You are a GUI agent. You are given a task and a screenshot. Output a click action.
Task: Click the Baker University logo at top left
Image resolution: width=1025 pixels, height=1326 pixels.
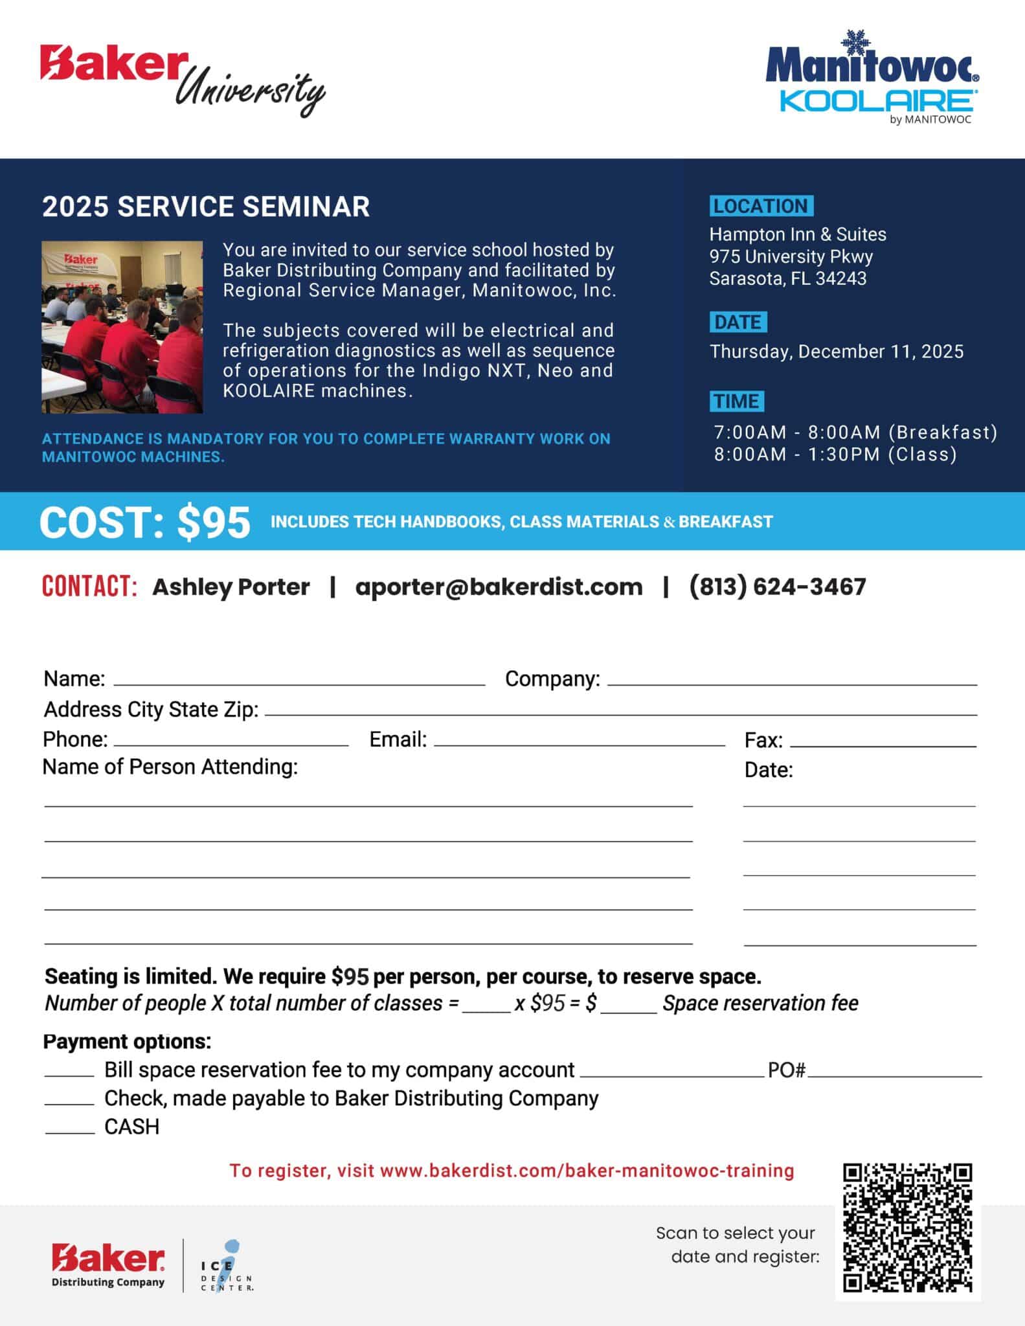pos(183,79)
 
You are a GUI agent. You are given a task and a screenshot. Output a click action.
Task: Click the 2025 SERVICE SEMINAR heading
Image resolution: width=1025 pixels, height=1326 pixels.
pos(206,207)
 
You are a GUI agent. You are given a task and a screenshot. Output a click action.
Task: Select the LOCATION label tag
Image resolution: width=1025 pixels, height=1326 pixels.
pos(761,206)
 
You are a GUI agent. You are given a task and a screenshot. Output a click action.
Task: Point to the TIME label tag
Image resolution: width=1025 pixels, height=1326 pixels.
pos(736,401)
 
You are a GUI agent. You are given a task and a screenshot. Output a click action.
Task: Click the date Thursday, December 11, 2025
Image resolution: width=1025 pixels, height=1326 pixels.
pos(837,352)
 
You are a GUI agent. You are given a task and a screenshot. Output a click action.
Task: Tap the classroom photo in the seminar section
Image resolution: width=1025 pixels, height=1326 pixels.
pos(122,327)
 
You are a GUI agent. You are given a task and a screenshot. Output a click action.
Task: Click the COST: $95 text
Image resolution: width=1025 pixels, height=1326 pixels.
pos(145,522)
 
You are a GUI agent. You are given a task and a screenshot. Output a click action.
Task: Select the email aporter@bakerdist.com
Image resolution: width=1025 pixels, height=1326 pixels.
pos(499,587)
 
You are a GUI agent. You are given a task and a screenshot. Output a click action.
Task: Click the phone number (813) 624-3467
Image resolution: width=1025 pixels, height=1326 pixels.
pos(777,587)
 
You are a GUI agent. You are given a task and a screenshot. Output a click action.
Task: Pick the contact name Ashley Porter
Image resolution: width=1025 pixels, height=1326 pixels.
pos(231,587)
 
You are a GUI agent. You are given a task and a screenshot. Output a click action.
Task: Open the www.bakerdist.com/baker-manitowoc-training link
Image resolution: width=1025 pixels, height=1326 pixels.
pos(587,1171)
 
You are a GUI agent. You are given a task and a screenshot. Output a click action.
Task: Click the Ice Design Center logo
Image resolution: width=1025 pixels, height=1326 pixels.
pos(226,1266)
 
